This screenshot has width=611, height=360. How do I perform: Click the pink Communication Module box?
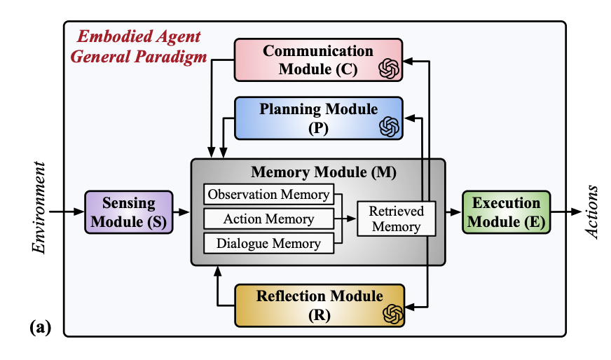point(318,60)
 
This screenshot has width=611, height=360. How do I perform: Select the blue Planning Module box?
point(318,118)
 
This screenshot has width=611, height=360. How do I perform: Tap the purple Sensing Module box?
point(129,212)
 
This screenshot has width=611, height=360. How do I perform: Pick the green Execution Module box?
point(506,212)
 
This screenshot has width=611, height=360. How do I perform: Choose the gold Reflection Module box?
point(320,305)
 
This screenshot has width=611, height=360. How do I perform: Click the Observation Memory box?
point(269,194)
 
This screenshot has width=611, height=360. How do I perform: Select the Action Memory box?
point(269,219)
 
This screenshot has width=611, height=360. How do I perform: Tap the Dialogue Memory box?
point(269,243)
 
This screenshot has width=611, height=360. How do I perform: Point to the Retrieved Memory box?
point(397,219)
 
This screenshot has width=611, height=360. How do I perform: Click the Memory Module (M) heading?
point(324,172)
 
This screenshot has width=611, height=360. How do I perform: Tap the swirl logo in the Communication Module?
point(389,69)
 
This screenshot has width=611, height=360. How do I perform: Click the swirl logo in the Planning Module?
point(390,127)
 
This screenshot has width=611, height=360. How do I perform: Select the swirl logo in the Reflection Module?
point(393,314)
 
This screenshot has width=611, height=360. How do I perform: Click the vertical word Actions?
point(591,212)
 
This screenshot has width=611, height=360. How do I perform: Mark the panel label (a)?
point(41,327)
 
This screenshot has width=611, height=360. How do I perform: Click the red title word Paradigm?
point(171,57)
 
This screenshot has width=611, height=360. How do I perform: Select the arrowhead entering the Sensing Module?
point(79,212)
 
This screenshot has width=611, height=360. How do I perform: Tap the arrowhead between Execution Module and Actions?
point(577,212)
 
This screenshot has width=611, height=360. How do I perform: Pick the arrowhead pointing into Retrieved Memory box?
point(351,219)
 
